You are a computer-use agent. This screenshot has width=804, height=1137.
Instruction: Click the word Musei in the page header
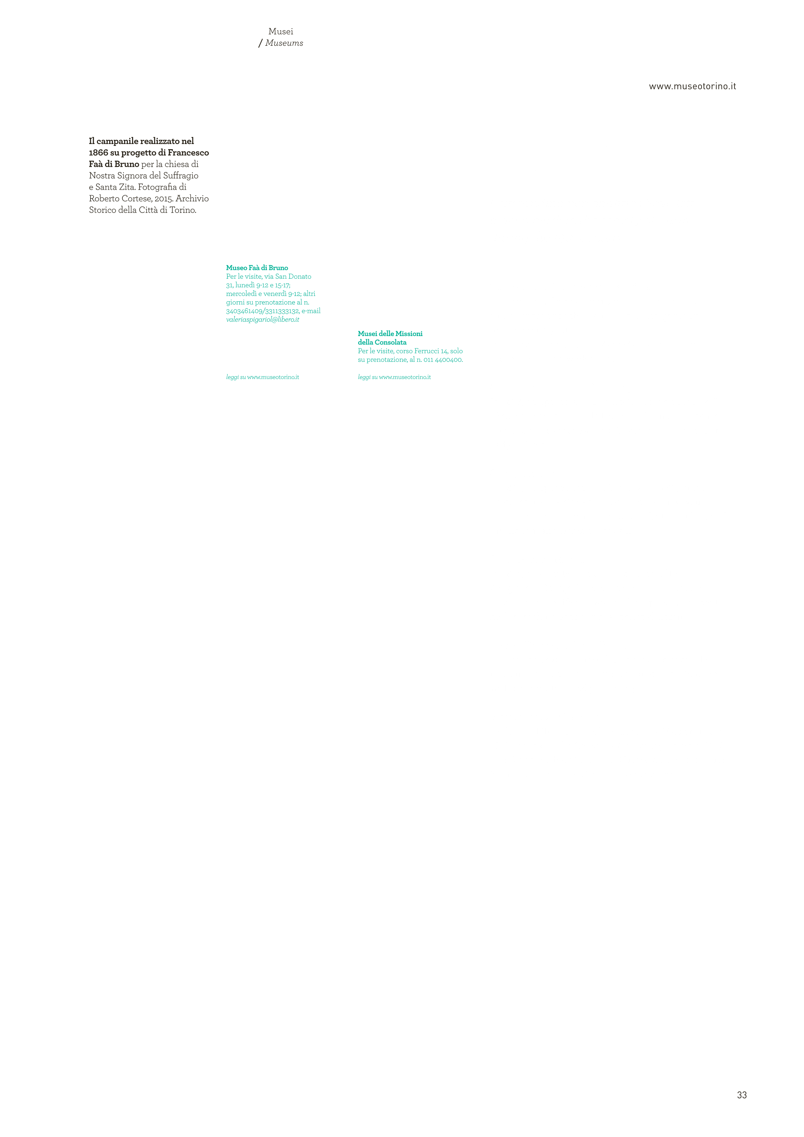tap(281, 32)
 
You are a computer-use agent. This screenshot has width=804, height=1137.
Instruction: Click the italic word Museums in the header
tap(284, 43)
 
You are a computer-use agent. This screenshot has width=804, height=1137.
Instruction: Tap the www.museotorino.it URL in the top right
tap(692, 86)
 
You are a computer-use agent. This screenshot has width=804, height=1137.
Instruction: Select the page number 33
tap(742, 1095)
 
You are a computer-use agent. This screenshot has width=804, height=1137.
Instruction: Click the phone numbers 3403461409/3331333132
tap(263, 311)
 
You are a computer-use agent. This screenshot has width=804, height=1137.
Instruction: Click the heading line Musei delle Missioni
tap(390, 334)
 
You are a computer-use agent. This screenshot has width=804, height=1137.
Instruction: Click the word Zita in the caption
tap(127, 187)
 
